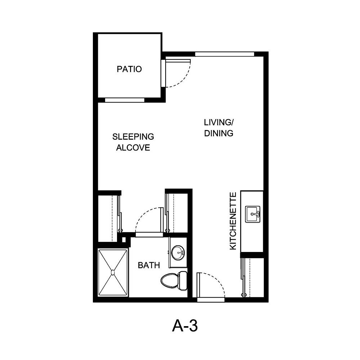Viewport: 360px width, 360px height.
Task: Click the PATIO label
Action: point(129,69)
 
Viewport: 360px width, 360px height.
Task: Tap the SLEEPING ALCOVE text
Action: point(133,142)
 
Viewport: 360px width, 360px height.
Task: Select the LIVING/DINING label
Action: point(219,128)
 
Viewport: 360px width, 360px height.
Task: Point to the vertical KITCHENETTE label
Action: point(233,221)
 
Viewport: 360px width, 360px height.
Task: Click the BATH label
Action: point(149,266)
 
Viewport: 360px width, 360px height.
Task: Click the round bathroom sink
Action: point(178,253)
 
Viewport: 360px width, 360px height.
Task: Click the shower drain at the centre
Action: point(113,273)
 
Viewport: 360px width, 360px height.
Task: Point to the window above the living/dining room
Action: point(224,54)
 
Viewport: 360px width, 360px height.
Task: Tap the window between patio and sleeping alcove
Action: point(125,100)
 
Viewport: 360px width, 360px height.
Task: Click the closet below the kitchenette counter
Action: point(254,277)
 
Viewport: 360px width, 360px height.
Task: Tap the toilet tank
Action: point(183,280)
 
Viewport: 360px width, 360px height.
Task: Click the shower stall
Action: point(113,273)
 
